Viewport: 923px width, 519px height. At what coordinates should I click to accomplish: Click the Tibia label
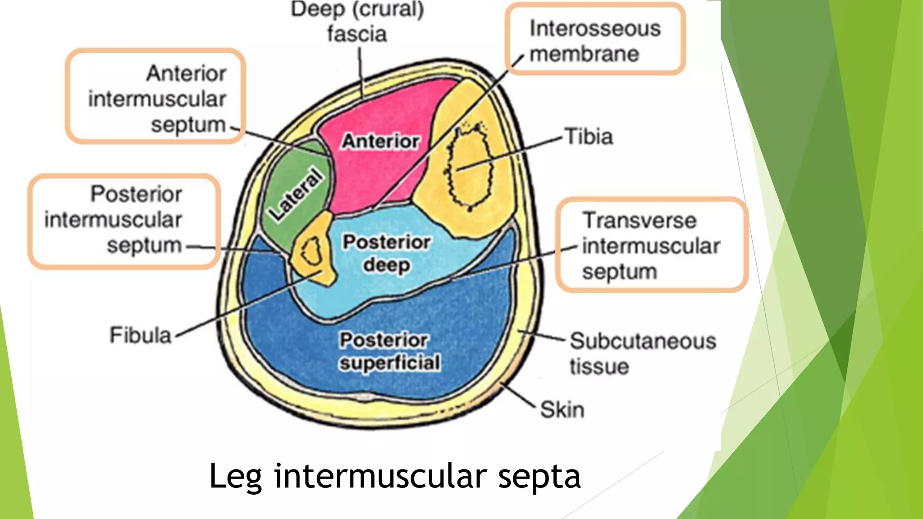pos(589,137)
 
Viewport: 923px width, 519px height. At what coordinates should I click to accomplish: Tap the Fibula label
pos(141,335)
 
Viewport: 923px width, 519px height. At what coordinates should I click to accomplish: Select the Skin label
pos(562,410)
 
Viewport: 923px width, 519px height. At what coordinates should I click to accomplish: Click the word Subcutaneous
pos(643,341)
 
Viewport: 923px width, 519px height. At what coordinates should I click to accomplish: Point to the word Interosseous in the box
pos(595,28)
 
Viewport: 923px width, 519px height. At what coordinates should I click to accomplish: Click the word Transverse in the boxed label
pos(639,221)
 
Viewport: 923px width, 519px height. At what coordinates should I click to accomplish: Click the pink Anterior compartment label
pos(380,141)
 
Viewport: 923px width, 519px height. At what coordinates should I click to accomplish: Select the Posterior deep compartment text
pos(387,253)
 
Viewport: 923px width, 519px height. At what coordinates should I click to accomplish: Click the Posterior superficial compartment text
pos(389,351)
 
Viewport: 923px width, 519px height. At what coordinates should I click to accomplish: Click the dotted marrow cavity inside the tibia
pos(469,169)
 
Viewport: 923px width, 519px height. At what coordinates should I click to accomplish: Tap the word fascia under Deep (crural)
pos(356,34)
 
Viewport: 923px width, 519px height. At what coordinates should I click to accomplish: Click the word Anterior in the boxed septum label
pos(186,73)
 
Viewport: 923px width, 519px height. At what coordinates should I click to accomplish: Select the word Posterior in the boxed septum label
pos(136,194)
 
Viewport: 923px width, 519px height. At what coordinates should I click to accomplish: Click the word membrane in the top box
pos(584,54)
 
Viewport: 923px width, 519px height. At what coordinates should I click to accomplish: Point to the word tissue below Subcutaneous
pos(599,366)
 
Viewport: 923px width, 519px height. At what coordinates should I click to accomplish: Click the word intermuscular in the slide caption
pos(380,477)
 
